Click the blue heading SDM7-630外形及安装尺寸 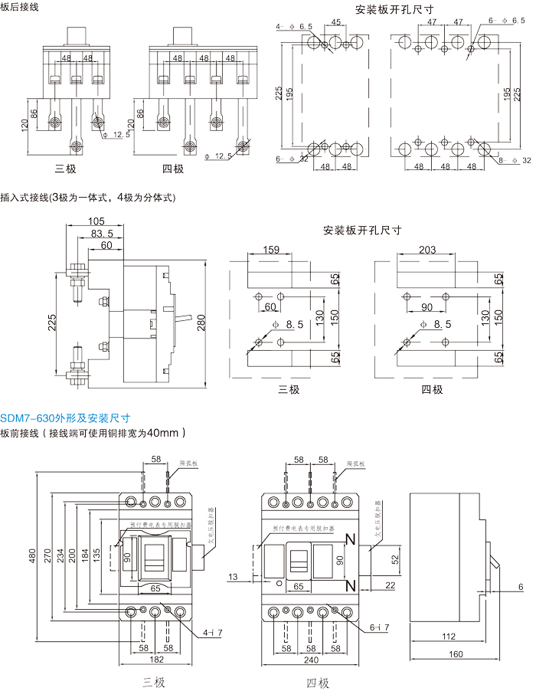pos(65,418)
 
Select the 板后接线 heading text pos(18,7)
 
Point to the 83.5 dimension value pos(102,234)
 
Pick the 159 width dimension pos(271,250)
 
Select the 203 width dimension pos(427,250)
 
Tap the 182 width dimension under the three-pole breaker pos(155,660)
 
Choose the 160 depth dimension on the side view pos(456,655)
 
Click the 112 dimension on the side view pos(449,637)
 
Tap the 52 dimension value pos(395,559)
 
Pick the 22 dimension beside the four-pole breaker pos(390,585)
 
